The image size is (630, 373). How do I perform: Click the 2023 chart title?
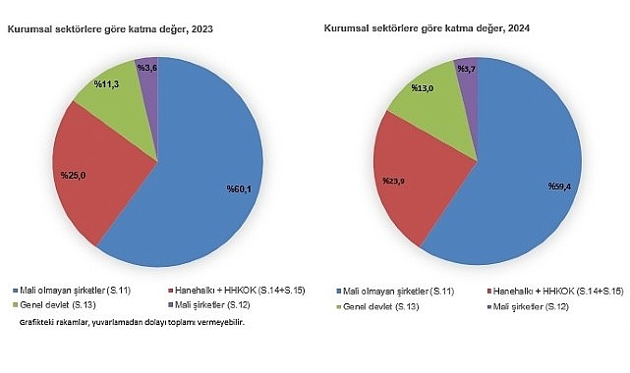pos(110,30)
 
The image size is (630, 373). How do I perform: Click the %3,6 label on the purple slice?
pos(147,67)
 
